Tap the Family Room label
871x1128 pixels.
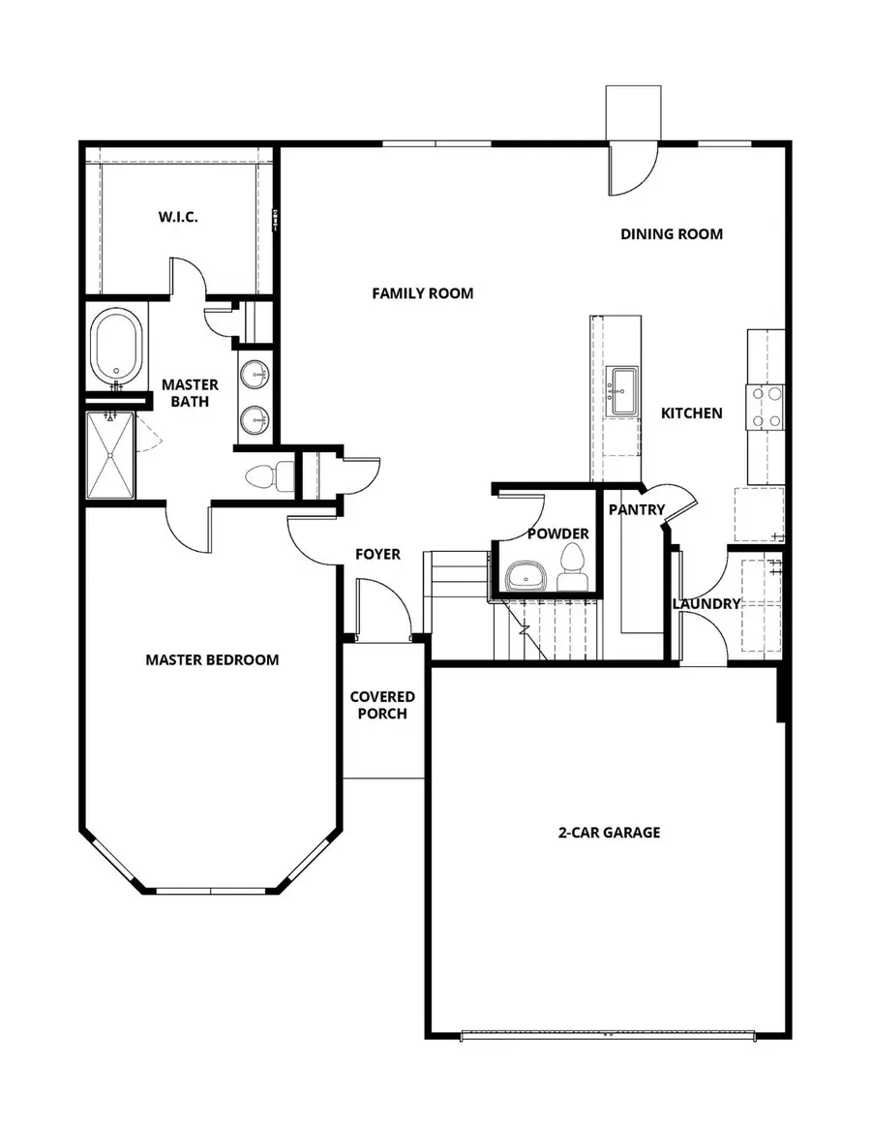click(x=423, y=292)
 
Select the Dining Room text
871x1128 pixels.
click(x=671, y=233)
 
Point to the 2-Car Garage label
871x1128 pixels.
click(x=608, y=832)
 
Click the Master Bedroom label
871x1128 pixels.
click(x=212, y=660)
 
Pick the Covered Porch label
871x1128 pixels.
click(x=382, y=705)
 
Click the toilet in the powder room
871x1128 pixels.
click(x=572, y=566)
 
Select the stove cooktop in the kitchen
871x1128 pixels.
click(x=765, y=407)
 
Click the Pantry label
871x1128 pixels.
click(x=636, y=510)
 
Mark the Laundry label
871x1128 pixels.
click(x=706, y=603)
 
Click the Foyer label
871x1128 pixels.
click(x=377, y=555)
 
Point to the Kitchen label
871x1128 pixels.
click(x=691, y=413)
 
